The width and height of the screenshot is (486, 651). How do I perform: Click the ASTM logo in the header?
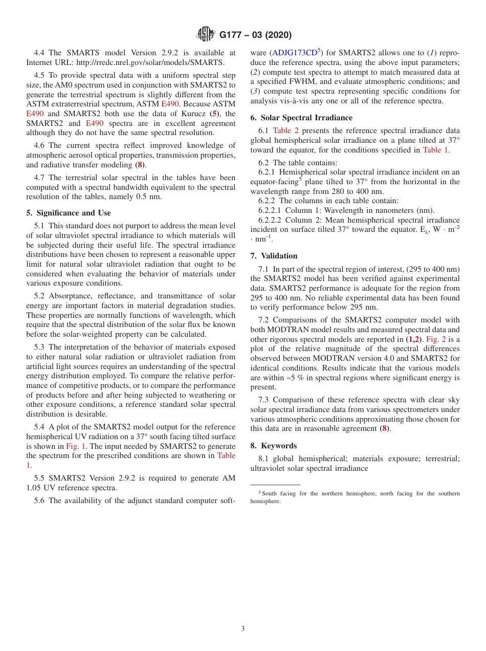206,34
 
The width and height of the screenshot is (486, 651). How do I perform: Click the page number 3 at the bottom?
243,628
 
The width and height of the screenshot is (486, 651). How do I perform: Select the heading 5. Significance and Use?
69,213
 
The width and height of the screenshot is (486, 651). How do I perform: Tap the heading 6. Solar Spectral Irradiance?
301,118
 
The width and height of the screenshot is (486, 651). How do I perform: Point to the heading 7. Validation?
274,256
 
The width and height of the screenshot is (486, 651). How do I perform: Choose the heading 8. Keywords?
273,446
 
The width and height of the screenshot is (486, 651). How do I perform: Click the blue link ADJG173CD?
295,53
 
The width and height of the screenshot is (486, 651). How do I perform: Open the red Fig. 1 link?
76,446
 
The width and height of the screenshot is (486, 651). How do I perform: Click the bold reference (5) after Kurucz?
215,114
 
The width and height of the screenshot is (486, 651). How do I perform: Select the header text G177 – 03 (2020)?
255,35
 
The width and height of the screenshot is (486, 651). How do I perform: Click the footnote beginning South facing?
355,497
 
